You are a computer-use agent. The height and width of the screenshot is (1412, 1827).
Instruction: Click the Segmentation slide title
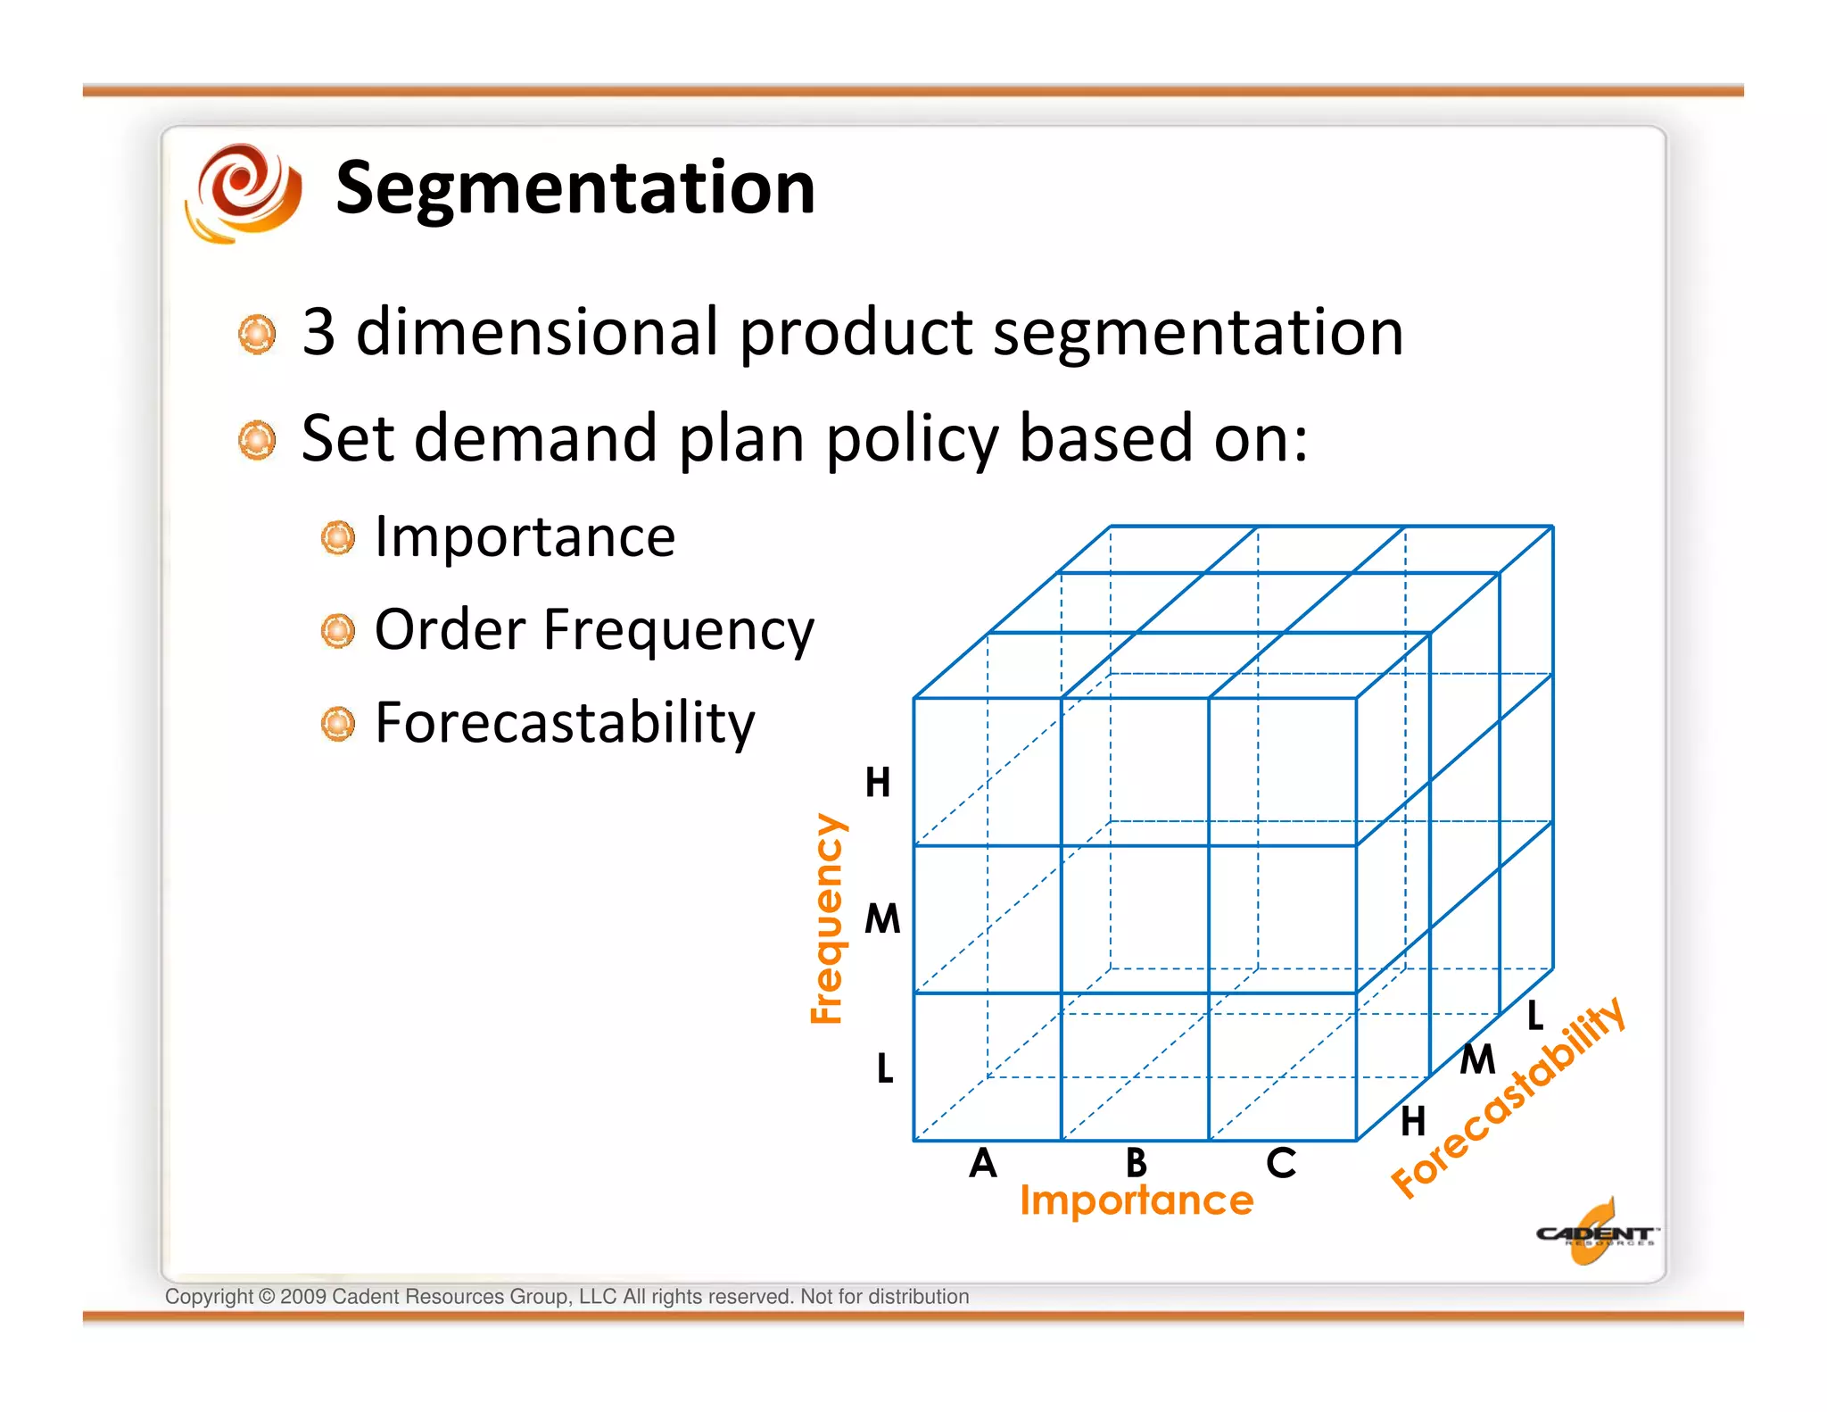click(575, 188)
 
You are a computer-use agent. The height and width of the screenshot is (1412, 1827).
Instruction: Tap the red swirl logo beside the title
click(243, 191)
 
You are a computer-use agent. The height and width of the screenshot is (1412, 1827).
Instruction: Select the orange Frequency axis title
click(826, 918)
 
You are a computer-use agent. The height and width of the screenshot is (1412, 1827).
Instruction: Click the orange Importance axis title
click(1137, 1200)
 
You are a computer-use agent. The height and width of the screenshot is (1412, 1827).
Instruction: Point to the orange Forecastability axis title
click(1509, 1098)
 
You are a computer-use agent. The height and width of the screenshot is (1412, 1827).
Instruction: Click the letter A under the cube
click(983, 1163)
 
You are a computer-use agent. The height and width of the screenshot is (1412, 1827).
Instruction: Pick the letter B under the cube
click(1136, 1163)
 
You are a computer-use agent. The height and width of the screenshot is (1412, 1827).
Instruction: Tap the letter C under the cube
click(1281, 1163)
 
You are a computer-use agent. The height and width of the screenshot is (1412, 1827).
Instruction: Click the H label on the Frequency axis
click(878, 783)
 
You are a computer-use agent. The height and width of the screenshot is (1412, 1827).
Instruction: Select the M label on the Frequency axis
click(882, 919)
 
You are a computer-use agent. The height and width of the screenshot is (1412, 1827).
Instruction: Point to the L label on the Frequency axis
click(884, 1067)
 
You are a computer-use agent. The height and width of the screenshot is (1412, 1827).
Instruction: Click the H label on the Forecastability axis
click(1413, 1121)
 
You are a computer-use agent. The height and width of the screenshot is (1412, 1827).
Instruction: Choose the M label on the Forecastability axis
click(1477, 1060)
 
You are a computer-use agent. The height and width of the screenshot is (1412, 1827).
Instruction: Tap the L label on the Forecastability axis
click(1535, 1015)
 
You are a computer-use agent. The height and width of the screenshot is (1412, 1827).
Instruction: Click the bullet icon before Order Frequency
click(338, 631)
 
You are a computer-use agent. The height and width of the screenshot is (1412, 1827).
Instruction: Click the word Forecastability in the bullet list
click(565, 722)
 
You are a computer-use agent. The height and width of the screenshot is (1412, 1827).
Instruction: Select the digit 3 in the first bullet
click(318, 332)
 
